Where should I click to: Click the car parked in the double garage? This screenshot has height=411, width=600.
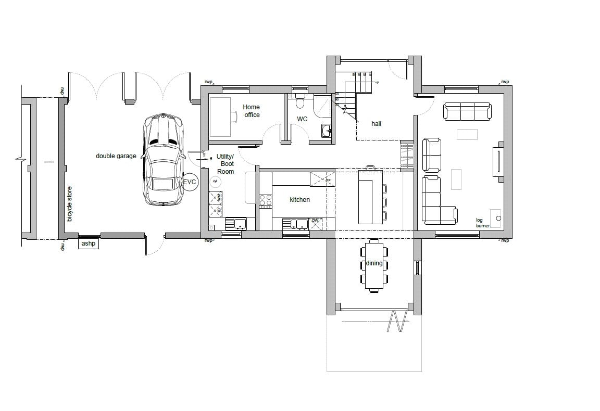point(163,160)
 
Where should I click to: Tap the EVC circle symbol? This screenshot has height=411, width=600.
point(190,183)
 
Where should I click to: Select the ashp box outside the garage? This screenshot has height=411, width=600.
point(89,243)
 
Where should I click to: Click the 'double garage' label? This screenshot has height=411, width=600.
point(116,156)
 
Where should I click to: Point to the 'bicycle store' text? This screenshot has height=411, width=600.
point(70,203)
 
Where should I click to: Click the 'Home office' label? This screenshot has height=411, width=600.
point(252,111)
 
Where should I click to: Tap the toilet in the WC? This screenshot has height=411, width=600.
point(300,102)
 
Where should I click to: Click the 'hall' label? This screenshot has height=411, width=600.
point(376,124)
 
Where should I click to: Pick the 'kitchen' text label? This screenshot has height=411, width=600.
point(299,200)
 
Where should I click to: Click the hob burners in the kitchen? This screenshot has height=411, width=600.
point(266,201)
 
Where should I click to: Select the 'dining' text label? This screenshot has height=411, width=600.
point(374,263)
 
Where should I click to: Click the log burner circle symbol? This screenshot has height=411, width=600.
point(498,219)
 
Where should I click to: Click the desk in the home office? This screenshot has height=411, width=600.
point(220,117)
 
